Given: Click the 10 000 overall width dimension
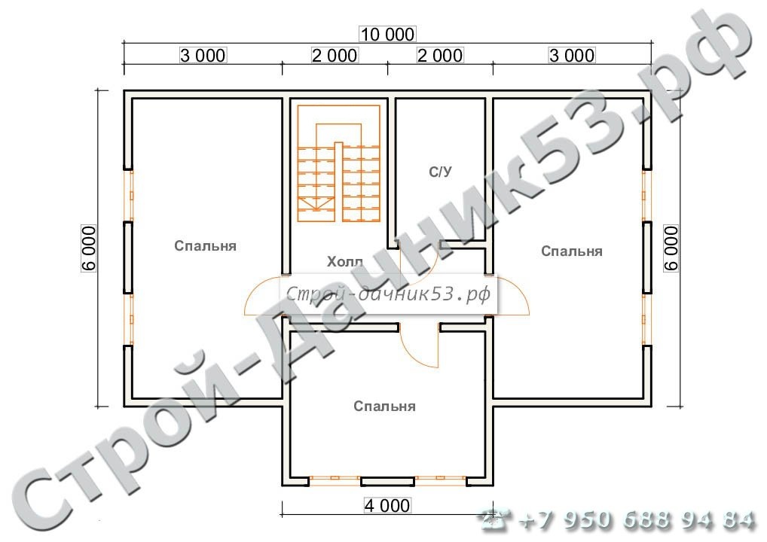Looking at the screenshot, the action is tap(387, 34).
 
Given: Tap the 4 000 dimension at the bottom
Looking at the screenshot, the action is tap(387, 505).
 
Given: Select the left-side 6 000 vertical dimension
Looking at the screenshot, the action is tap(89, 248).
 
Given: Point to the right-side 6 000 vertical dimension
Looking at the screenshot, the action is tap(671, 248).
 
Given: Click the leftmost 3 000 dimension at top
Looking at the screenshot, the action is tap(203, 55).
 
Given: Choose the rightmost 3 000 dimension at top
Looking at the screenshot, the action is tap(572, 55).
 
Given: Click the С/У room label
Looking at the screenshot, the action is tap(440, 172).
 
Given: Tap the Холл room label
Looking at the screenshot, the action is tap(345, 262).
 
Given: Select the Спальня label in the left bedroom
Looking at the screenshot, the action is tap(206, 246).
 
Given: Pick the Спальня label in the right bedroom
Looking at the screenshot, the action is tap(572, 251).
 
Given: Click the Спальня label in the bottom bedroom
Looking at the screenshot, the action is tap(384, 406).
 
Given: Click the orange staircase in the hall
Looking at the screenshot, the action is tap(338, 163).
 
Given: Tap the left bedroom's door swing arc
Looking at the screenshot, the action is tap(250, 292).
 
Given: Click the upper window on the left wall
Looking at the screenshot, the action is tap(128, 196).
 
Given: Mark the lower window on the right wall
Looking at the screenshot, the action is tap(646, 320).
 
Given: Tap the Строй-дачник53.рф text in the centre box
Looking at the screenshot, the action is tap(388, 294).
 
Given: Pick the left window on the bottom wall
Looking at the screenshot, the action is tap(335, 481).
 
